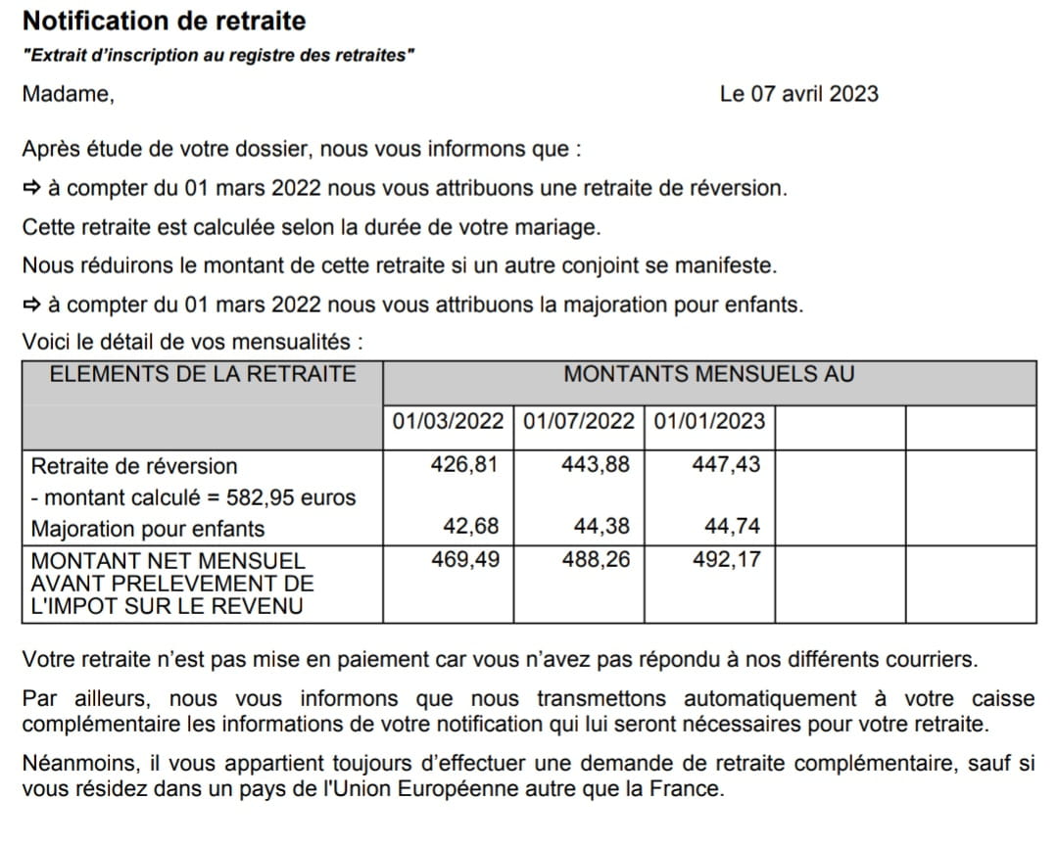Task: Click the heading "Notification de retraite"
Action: pyautogui.click(x=164, y=21)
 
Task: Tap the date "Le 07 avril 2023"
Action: pyautogui.click(x=798, y=94)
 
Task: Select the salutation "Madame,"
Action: pyautogui.click(x=68, y=94)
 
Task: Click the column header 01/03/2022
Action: pyautogui.click(x=448, y=422)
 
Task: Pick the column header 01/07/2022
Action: pyautogui.click(x=579, y=422)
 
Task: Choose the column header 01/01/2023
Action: pyautogui.click(x=709, y=422)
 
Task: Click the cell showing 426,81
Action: pyautogui.click(x=464, y=464)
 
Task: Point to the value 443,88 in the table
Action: pyautogui.click(x=596, y=464)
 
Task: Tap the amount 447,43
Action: pyautogui.click(x=726, y=464)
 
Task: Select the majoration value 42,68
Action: pyautogui.click(x=470, y=527)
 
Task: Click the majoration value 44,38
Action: pyautogui.click(x=601, y=527)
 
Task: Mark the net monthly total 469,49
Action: pyautogui.click(x=464, y=560)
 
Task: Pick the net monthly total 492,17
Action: pyautogui.click(x=726, y=560)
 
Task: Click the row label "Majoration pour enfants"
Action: pyautogui.click(x=148, y=529)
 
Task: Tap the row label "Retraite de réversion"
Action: pyautogui.click(x=134, y=466)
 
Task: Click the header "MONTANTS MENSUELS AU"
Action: pyautogui.click(x=708, y=374)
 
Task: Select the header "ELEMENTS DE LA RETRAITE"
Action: pyautogui.click(x=203, y=374)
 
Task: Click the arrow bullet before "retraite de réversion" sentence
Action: pyautogui.click(x=31, y=188)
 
